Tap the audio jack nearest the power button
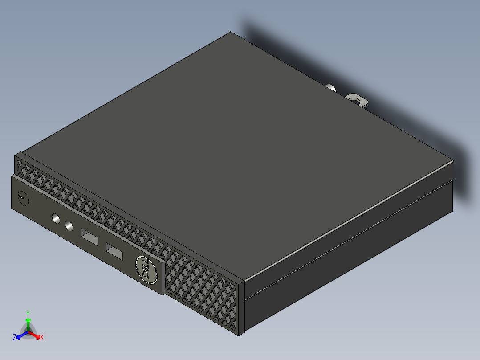point(56,219)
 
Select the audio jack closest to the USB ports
point(69,226)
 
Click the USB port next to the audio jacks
point(89,237)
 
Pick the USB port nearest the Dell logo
point(114,252)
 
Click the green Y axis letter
point(28,313)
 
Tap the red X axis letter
point(41,338)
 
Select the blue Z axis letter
point(15,338)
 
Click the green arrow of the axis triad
point(28,323)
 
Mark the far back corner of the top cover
point(231,32)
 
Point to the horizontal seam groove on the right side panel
point(347,241)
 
